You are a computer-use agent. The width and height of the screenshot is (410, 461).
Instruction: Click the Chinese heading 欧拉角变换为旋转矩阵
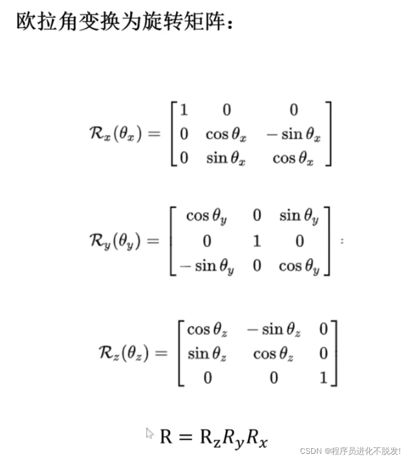[x=122, y=24]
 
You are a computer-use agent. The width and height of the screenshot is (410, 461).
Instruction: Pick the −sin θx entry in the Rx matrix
[x=292, y=134]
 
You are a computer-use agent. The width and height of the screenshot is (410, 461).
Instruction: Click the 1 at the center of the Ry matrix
[x=257, y=241]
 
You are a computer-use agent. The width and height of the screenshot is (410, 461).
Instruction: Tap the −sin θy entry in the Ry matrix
[x=206, y=265]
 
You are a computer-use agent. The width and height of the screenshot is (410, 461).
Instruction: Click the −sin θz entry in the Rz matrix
[x=274, y=330]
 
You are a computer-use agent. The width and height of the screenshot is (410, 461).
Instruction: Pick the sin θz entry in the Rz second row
[x=207, y=353]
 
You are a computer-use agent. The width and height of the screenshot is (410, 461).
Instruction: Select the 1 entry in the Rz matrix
[x=323, y=377]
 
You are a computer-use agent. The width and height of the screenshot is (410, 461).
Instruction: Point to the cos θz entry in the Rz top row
[x=207, y=330]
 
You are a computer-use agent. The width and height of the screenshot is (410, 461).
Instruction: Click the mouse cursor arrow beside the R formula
[x=149, y=433]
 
